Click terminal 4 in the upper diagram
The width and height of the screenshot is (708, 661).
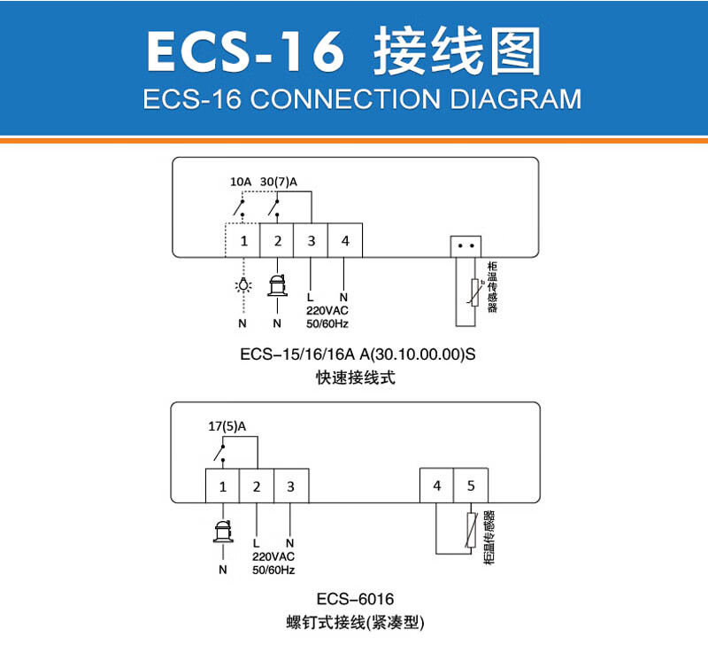[x=345, y=241]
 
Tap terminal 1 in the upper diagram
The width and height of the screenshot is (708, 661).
[x=242, y=241]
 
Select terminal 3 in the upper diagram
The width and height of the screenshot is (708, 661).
[x=311, y=241]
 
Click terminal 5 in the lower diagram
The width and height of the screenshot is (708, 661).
[x=470, y=486]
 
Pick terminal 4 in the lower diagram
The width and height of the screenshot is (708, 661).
[x=436, y=486]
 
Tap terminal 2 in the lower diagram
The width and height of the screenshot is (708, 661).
[x=257, y=486]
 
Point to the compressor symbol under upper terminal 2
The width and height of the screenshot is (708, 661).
[x=277, y=284]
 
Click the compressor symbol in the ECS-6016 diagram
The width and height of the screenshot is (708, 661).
[x=222, y=531]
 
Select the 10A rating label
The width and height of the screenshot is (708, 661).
[x=240, y=183]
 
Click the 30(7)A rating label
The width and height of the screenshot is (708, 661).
[x=279, y=183]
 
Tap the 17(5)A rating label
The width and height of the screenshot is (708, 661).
[x=227, y=426]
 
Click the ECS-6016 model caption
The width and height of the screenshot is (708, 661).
[x=354, y=599]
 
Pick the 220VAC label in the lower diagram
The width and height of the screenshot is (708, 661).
[x=272, y=556]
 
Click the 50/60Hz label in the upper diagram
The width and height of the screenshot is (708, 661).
[x=327, y=323]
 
